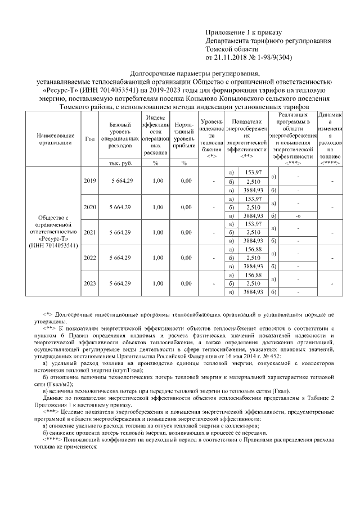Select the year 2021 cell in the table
(89, 232)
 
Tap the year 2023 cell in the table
(89, 283)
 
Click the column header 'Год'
(89, 139)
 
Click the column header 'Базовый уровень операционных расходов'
(120, 135)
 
